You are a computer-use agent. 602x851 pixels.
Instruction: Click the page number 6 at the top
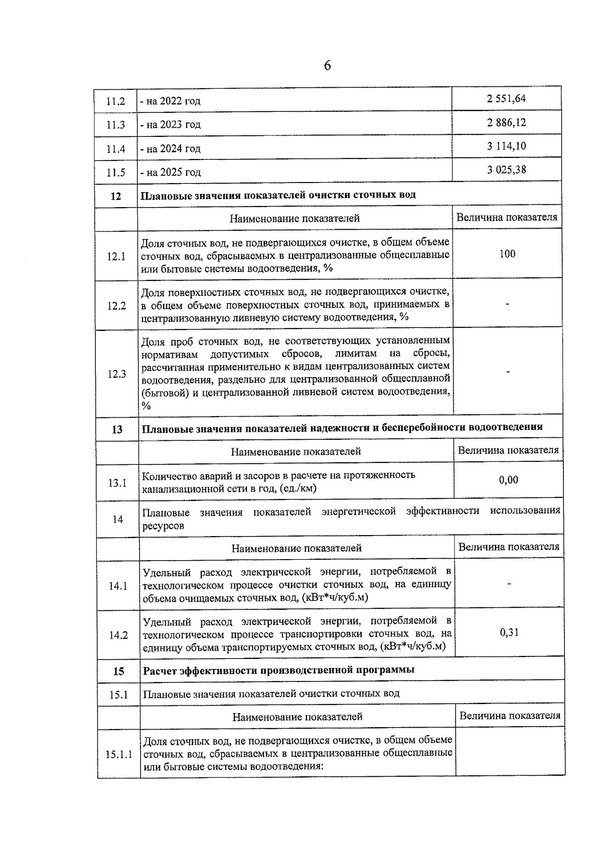click(327, 66)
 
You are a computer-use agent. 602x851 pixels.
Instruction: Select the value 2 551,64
click(506, 98)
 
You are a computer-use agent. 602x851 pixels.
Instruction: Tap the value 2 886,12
click(506, 122)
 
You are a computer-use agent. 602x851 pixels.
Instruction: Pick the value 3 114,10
click(506, 146)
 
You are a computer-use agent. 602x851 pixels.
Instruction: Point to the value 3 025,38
click(506, 169)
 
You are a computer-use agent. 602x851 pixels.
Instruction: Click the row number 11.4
click(115, 149)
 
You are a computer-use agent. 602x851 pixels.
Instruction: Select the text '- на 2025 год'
click(171, 173)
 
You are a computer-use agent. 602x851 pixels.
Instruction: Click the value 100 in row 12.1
click(507, 254)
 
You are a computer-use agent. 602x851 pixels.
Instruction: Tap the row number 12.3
click(116, 374)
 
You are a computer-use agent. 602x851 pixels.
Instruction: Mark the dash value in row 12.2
click(508, 304)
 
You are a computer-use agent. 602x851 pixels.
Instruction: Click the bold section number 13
click(117, 430)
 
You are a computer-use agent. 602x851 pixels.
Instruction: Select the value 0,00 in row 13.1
click(508, 480)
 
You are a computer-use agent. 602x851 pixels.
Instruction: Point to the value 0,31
click(509, 632)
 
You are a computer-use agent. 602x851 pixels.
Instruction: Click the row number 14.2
click(118, 635)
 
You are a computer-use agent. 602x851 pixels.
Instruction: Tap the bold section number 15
click(118, 671)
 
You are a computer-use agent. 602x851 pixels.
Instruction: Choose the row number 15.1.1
click(119, 754)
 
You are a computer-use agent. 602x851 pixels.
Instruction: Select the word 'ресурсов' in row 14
click(163, 526)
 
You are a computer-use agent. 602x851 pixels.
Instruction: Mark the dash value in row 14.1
click(509, 584)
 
